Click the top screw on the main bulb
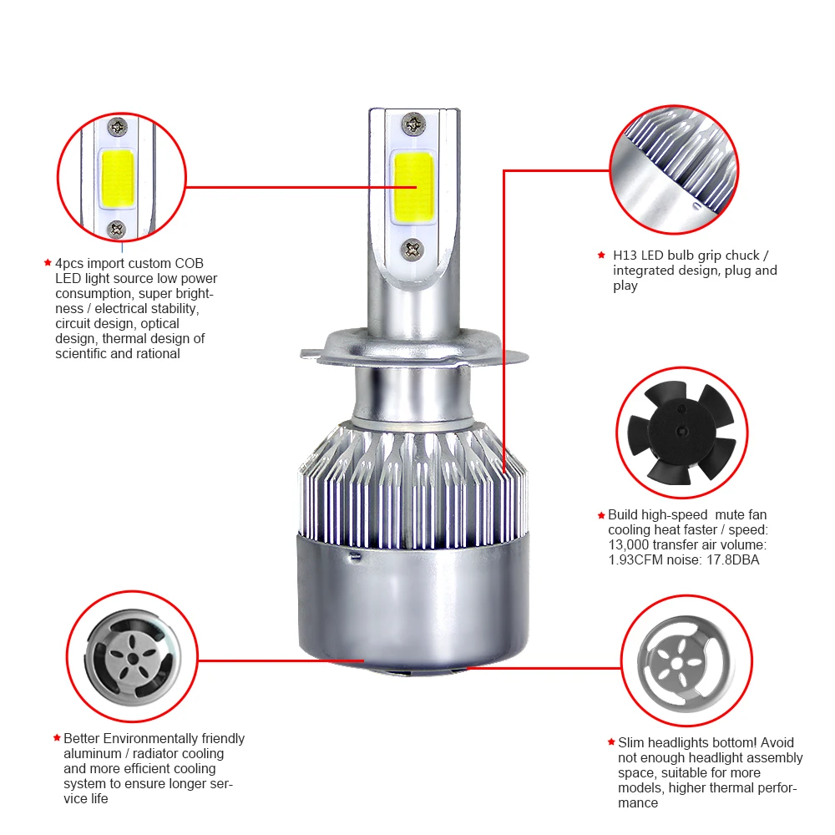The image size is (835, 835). click(x=412, y=124)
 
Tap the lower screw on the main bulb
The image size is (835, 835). click(x=412, y=249)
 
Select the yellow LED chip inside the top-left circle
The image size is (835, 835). click(x=117, y=179)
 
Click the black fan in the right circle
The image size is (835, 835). click(x=681, y=432)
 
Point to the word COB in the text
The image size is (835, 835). click(x=189, y=264)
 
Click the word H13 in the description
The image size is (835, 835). click(x=625, y=256)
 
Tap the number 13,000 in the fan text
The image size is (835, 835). click(x=629, y=544)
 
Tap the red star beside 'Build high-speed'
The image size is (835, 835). click(x=601, y=515)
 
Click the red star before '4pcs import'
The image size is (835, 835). click(x=48, y=262)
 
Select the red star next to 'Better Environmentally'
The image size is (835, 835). click(x=57, y=738)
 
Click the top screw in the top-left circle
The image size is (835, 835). click(x=117, y=128)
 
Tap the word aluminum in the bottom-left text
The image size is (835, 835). click(x=93, y=754)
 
